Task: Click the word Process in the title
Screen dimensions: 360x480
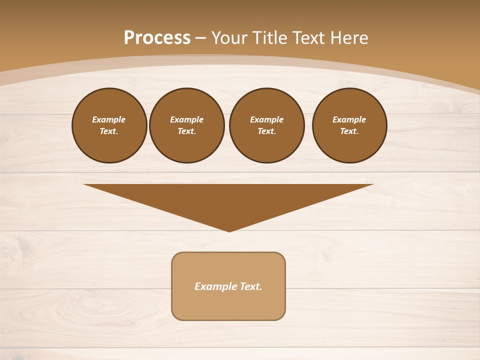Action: click(157, 37)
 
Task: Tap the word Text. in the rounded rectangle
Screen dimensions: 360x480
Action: click(251, 286)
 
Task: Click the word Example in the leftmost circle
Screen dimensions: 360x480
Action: click(109, 119)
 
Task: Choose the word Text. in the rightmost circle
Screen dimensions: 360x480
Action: click(349, 131)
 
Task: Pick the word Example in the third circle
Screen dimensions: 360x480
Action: click(267, 119)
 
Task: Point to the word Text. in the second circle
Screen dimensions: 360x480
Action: click(187, 131)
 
